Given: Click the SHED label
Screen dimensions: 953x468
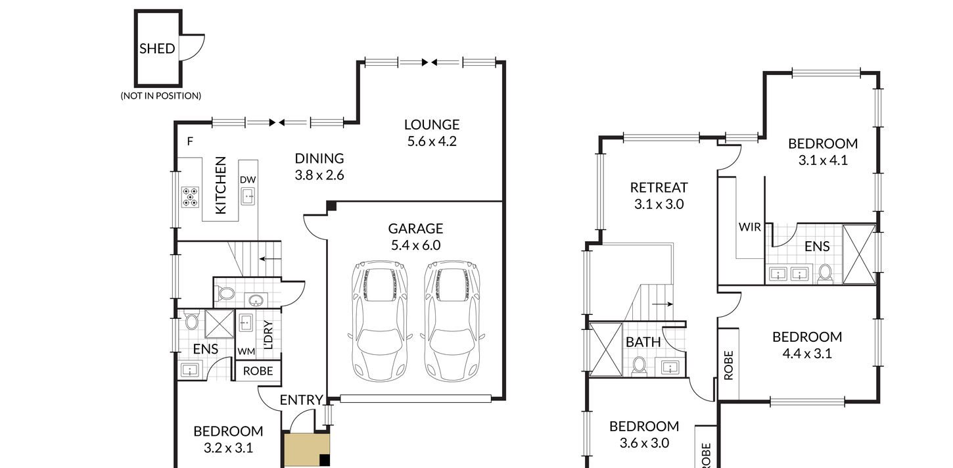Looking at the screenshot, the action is point(157,49).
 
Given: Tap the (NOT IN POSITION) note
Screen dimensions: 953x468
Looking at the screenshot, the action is point(161,96).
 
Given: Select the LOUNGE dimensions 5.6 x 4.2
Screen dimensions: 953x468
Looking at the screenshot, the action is point(432,141).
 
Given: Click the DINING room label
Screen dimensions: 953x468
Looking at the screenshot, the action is point(319,158).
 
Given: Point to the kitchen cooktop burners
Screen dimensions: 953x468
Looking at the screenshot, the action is point(190,197).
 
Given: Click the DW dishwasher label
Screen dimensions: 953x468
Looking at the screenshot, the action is point(248,179).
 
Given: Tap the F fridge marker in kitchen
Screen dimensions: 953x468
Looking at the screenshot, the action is point(190,141).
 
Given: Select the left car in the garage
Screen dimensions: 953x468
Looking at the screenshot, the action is point(379,321).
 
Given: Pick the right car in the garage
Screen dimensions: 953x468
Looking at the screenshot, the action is point(452,321).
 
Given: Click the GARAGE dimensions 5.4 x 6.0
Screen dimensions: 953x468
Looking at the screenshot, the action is point(415,245).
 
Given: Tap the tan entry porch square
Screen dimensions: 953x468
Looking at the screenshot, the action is point(307,450).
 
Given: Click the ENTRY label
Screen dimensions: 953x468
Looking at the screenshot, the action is point(301,400).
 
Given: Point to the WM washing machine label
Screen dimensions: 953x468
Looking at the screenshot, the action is point(246,352).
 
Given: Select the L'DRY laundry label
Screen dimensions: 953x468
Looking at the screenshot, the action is point(268,335).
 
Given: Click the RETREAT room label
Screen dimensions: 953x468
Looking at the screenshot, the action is point(659,187).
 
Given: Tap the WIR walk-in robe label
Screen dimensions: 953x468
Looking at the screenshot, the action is point(750,227).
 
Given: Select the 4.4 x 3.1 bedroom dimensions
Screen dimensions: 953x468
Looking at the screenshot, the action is point(807,354).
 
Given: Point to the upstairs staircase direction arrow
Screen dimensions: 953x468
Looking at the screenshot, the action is point(662,304).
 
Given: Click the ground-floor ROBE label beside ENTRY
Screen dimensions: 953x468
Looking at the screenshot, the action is point(258,371).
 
